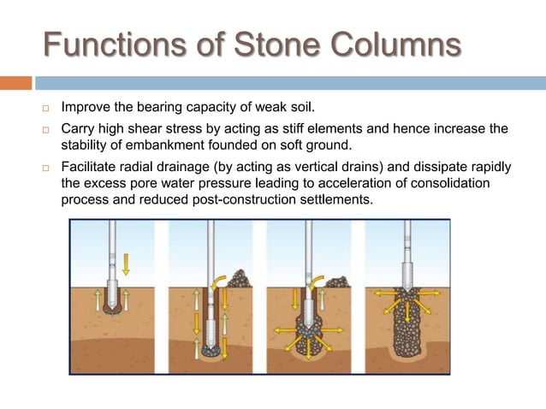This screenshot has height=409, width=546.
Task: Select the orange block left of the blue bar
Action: point(15,83)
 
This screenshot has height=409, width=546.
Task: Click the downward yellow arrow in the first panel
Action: point(125,262)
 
